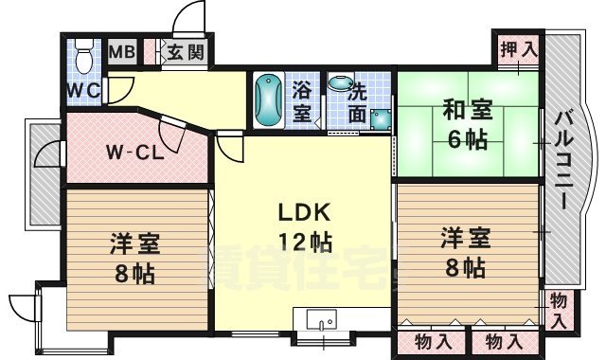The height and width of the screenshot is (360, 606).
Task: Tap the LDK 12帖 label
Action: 303,226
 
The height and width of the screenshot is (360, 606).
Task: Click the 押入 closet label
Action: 517,47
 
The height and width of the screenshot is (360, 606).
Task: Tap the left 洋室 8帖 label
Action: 132,258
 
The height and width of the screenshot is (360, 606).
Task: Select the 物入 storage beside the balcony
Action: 559,309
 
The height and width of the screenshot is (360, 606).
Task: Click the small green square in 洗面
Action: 380,119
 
